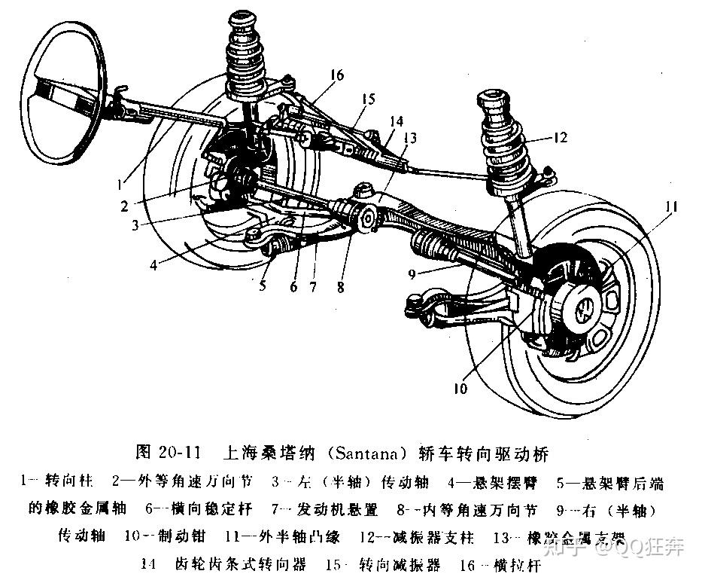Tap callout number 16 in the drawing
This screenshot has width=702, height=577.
point(336,75)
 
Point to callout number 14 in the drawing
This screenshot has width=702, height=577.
point(396,121)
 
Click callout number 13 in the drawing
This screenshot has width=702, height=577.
point(409,137)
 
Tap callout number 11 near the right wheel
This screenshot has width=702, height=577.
point(670,206)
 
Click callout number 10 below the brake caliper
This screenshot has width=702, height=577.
point(460,389)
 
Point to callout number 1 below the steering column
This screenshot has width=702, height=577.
point(123,182)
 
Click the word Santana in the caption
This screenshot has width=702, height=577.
point(357,454)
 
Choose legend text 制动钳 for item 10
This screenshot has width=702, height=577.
point(181,536)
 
